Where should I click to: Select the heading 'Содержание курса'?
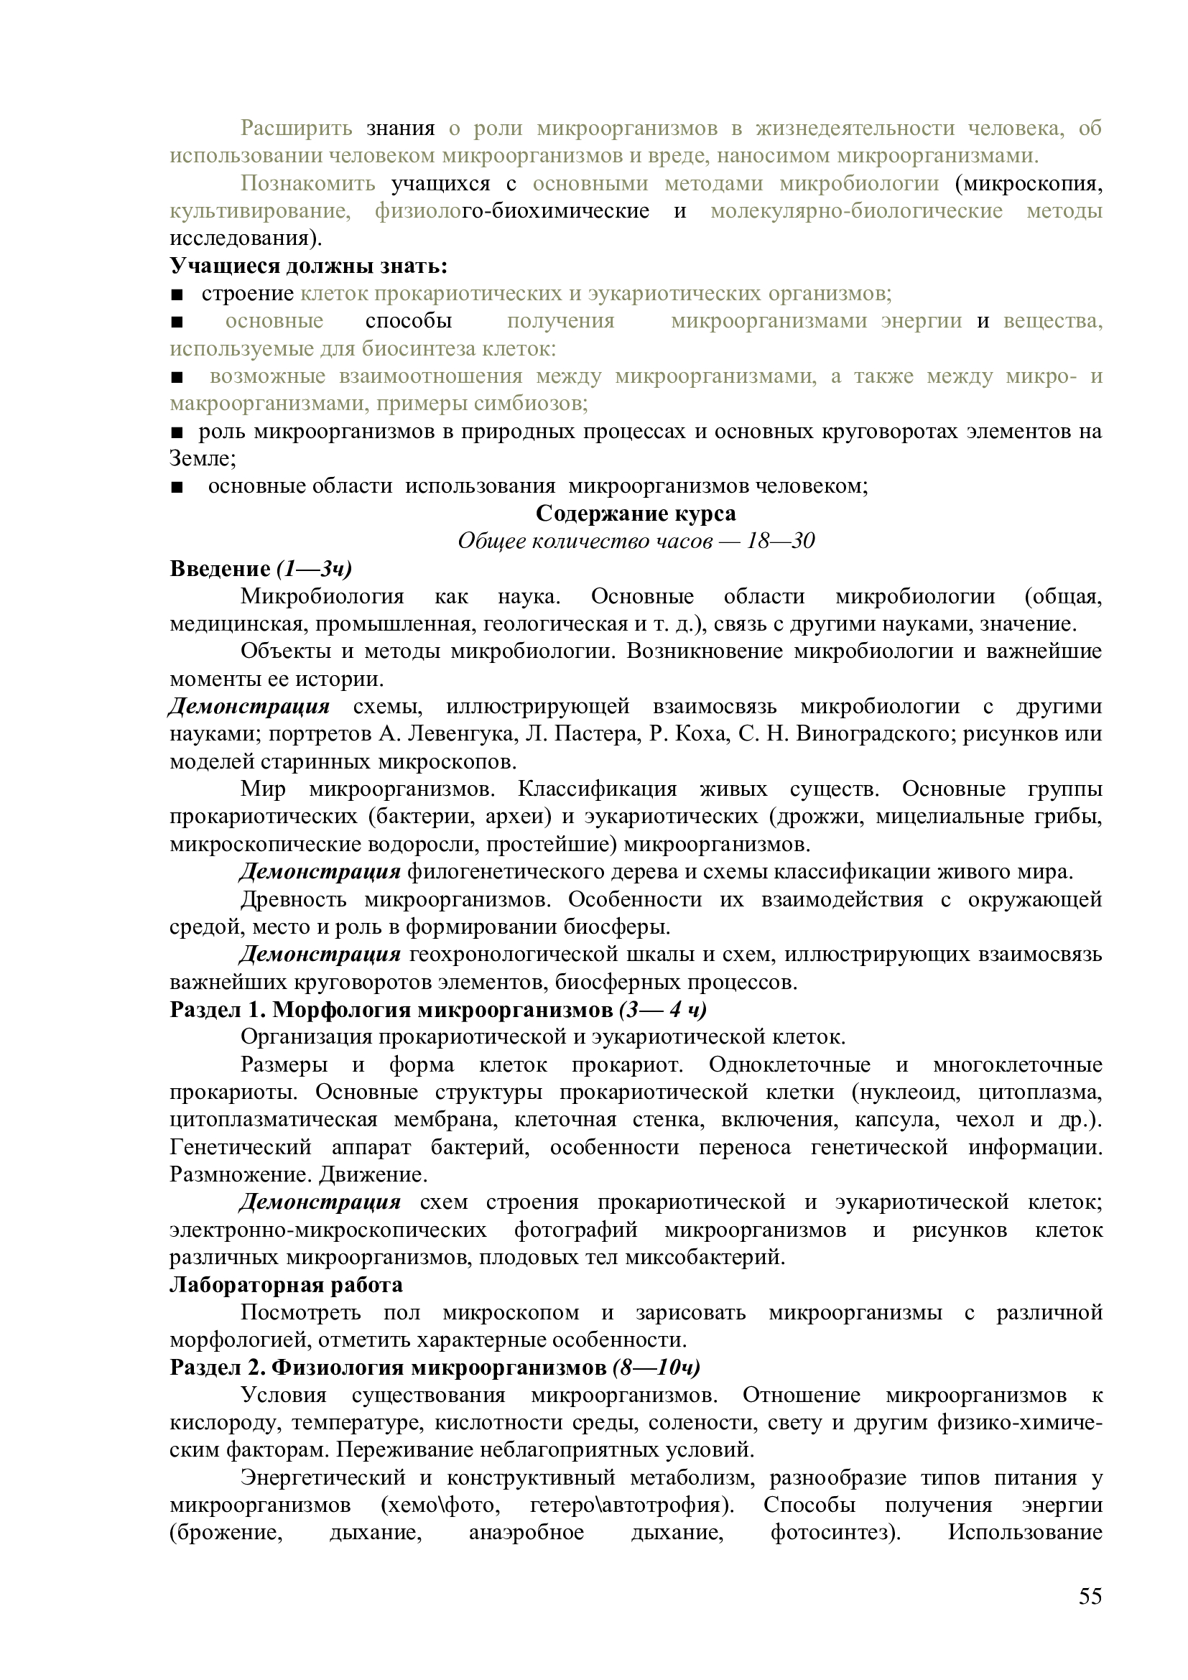coord(636,514)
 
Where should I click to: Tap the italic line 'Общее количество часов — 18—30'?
coord(636,541)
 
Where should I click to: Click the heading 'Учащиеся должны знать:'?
coord(309,266)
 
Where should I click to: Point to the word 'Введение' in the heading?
coord(221,569)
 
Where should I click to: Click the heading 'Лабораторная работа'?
coord(286,1285)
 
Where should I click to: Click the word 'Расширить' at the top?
coord(296,128)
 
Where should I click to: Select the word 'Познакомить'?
coord(308,183)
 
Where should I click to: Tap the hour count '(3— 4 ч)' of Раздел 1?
coord(663,1010)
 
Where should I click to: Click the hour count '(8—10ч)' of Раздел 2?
coord(656,1368)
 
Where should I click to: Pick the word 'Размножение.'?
coord(231,1175)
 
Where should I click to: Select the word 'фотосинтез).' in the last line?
coord(835,1533)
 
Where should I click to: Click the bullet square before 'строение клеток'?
coord(176,294)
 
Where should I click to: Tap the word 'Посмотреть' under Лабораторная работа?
coord(301,1313)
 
